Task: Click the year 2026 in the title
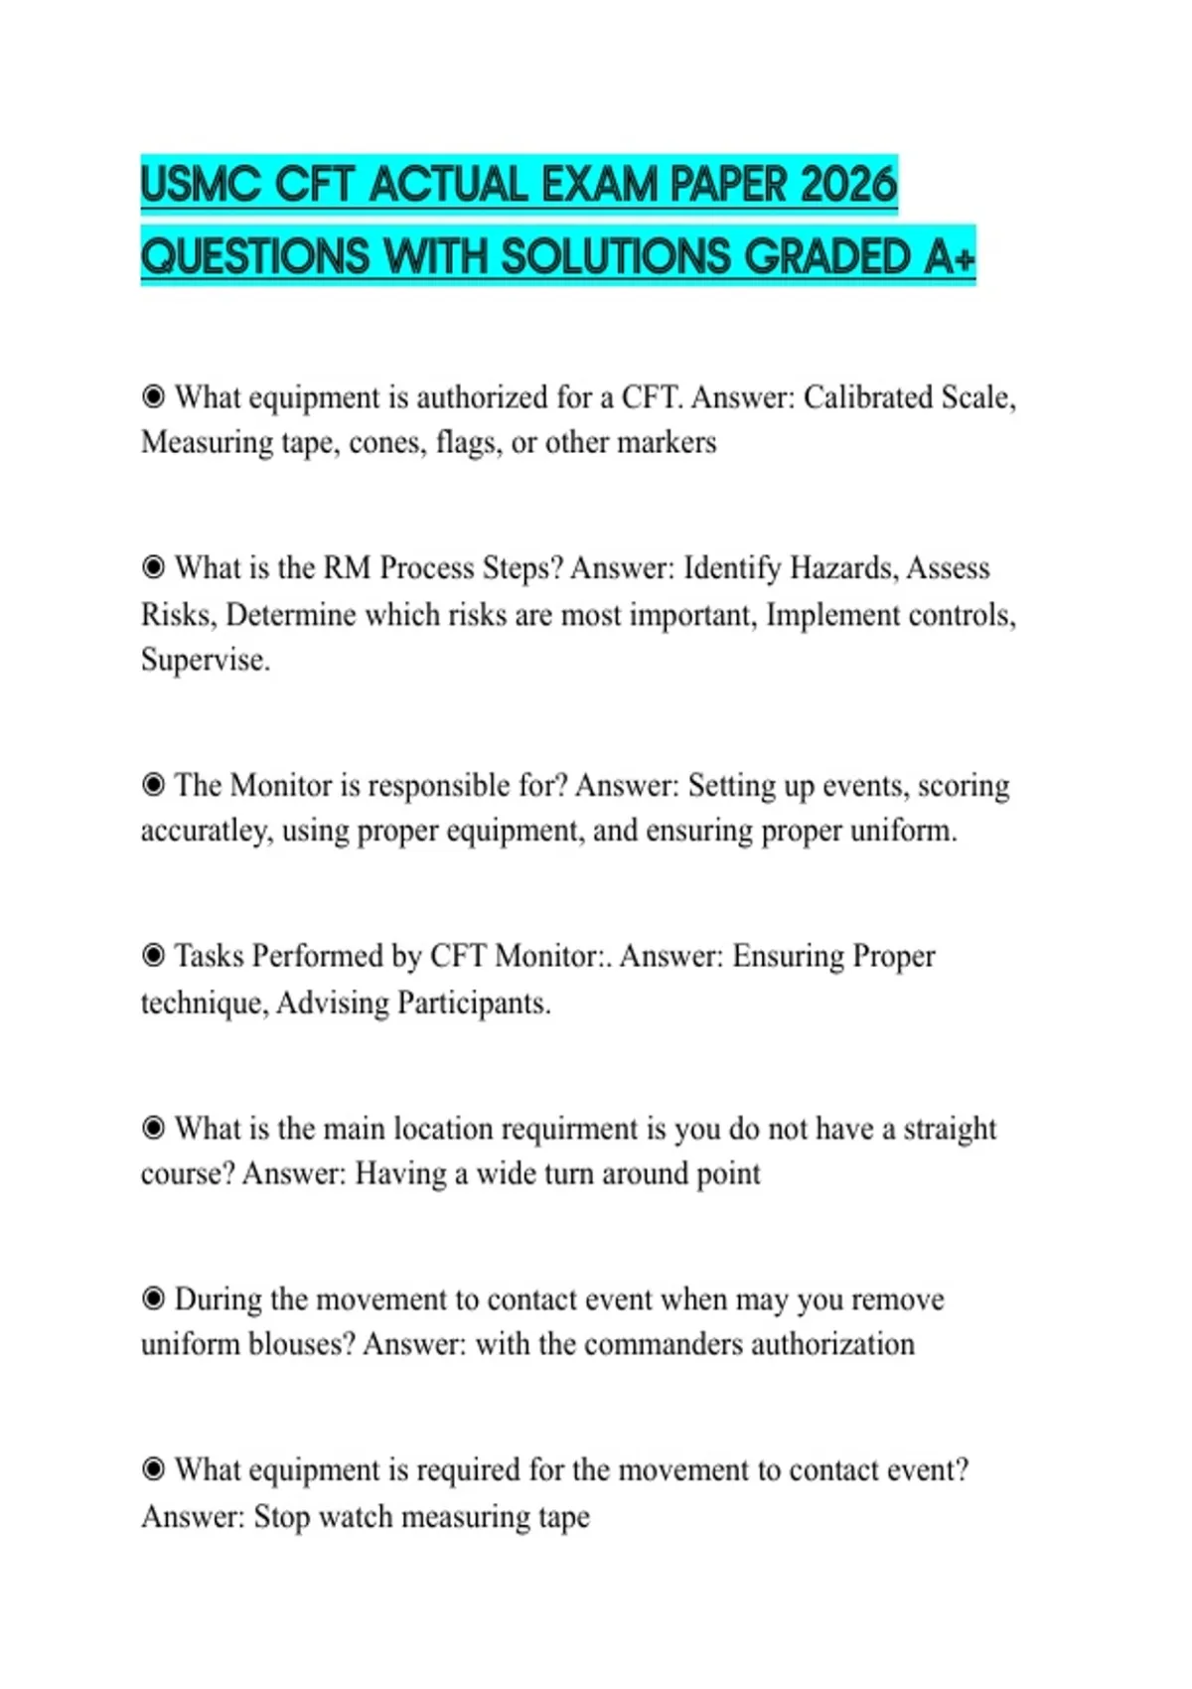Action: click(x=848, y=186)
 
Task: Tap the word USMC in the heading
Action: click(x=201, y=186)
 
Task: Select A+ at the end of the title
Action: click(x=950, y=256)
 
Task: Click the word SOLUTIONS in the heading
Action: click(x=617, y=256)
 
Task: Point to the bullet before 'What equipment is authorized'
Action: click(x=153, y=397)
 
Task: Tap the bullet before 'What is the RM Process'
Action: click(x=153, y=568)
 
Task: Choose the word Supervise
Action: click(x=205, y=660)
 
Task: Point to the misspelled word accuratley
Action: click(x=206, y=831)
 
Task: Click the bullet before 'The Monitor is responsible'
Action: click(x=153, y=785)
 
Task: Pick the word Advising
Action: click(x=333, y=1002)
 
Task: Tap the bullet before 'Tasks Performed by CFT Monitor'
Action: click(x=153, y=956)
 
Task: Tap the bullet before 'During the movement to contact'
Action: click(x=153, y=1300)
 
